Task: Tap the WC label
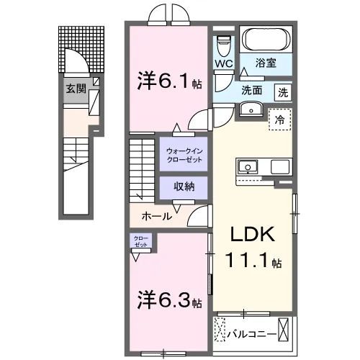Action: [222, 63]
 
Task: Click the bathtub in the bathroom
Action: [265, 39]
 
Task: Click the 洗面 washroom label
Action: [251, 91]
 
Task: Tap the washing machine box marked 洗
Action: [284, 91]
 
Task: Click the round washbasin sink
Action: [251, 109]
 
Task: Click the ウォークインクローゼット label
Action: [184, 153]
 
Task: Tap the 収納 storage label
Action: [184, 186]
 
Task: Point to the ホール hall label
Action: [156, 215]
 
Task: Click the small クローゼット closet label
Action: [140, 240]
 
